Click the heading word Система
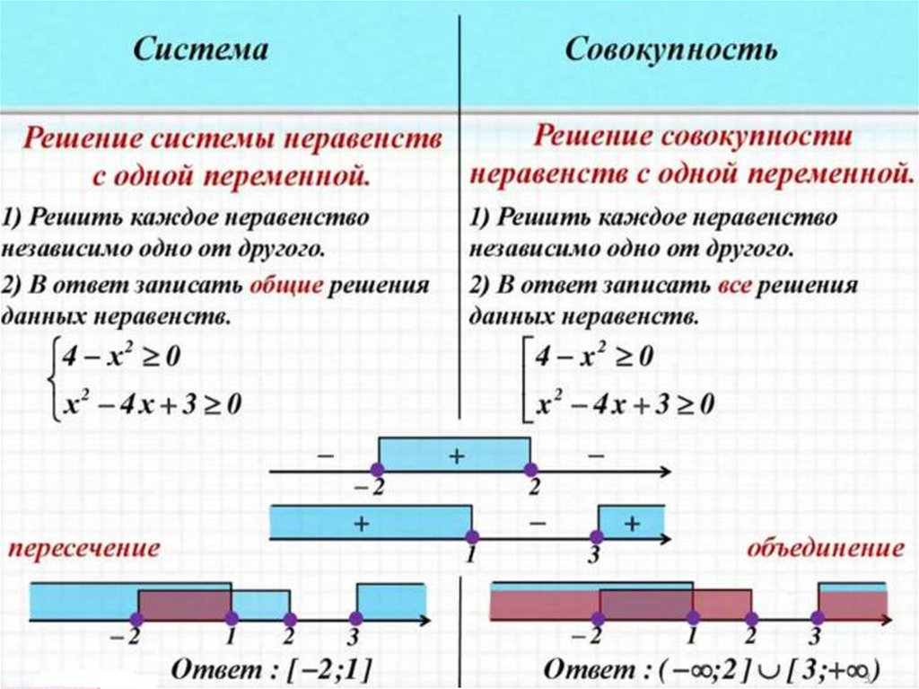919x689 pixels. (200, 49)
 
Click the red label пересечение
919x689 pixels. (85, 548)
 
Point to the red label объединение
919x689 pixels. (825, 548)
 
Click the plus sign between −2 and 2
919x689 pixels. (454, 455)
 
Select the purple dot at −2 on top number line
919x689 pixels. (378, 470)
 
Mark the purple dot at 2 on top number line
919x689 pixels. (530, 470)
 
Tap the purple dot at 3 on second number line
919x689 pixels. (599, 536)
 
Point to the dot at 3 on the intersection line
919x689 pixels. (355, 618)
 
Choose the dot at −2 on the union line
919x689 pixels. (599, 618)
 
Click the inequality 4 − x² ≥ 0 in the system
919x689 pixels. (119, 358)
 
